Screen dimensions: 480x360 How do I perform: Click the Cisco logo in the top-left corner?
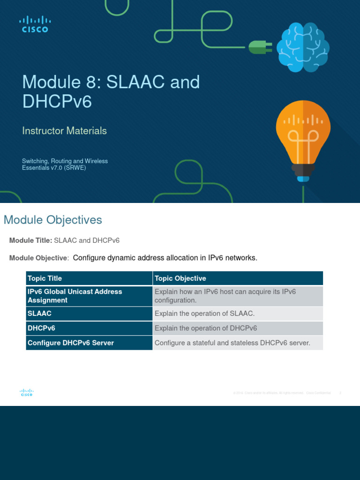[35, 24]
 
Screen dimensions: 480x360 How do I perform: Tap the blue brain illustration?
[302, 47]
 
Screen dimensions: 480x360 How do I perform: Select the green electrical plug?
[259, 46]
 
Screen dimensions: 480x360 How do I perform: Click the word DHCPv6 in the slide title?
[57, 101]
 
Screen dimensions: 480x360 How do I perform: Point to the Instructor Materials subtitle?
[64, 131]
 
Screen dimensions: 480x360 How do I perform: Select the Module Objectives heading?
[52, 220]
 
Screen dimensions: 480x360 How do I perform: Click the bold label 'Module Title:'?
[30, 240]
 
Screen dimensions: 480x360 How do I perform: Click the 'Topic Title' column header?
[45, 278]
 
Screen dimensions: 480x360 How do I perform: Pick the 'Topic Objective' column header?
[180, 278]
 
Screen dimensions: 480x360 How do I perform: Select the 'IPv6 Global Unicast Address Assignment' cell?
[75, 296]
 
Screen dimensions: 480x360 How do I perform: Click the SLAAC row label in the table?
[39, 314]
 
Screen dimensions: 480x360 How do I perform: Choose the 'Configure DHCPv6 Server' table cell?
[71, 343]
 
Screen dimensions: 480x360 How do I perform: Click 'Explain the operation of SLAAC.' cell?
[204, 314]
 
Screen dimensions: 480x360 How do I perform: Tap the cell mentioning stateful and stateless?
[232, 343]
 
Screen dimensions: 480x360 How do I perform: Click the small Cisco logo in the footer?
[26, 393]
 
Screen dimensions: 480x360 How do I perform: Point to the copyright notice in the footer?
[281, 393]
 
